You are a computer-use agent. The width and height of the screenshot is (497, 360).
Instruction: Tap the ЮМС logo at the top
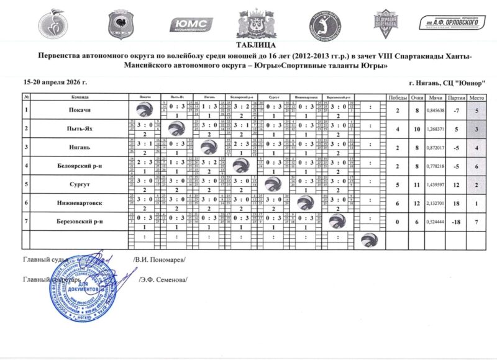tap(191, 24)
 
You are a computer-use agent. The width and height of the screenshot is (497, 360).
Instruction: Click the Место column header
tap(476, 97)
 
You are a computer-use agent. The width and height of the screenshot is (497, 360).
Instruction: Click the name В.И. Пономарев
tap(159, 259)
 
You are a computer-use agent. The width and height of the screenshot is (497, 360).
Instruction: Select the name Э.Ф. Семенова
tap(163, 279)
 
